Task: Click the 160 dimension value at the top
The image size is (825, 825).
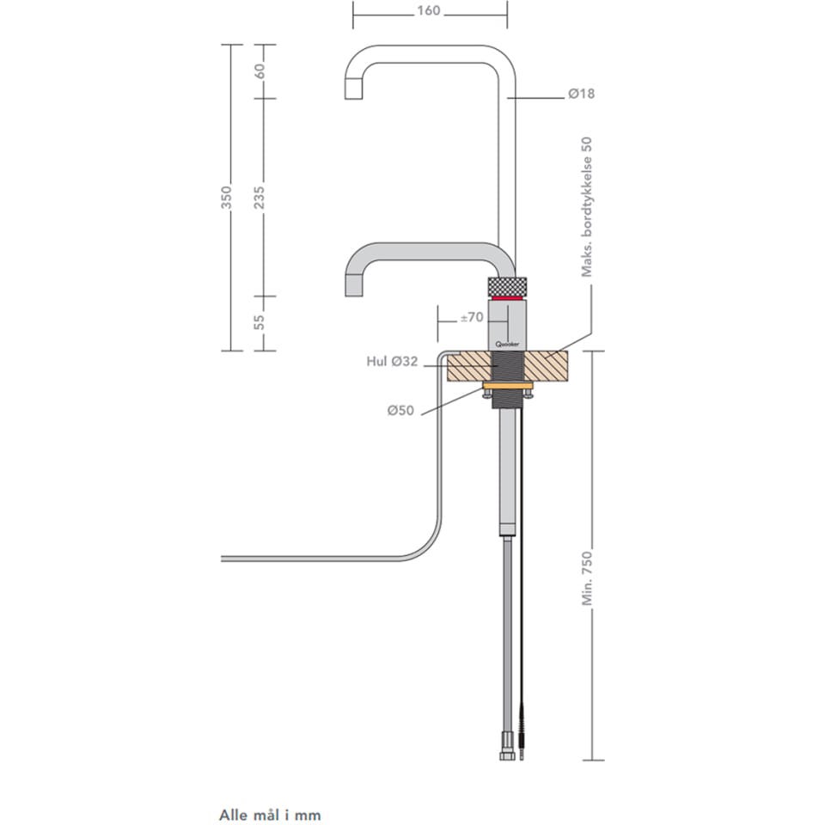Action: point(429,10)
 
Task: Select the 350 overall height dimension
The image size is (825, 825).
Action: point(226,198)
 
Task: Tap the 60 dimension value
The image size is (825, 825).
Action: point(260,70)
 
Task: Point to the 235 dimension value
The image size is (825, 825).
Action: point(260,198)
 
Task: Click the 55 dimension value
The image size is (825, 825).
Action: point(260,322)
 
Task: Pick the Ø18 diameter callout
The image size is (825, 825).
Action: point(582,95)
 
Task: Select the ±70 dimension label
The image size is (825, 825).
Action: point(472,317)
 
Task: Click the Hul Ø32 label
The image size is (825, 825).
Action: point(392,362)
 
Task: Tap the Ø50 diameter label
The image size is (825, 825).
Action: point(400,411)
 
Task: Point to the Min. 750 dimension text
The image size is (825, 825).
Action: point(587,578)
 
